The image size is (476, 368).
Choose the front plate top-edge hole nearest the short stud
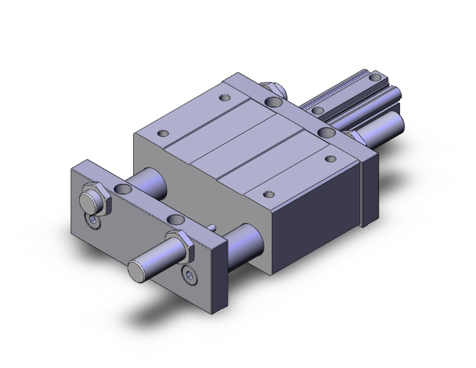pos(123,189)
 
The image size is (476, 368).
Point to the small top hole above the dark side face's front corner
pos(267,194)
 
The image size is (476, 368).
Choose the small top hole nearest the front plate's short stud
pos(164,133)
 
